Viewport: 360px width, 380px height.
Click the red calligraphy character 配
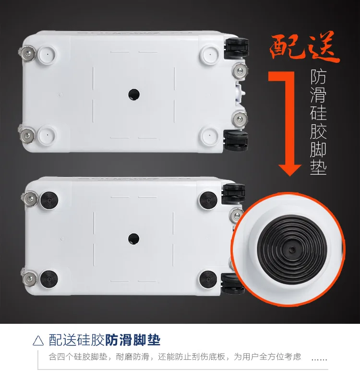[286, 47]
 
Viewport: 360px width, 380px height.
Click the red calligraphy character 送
[321, 47]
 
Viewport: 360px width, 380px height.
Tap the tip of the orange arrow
[290, 176]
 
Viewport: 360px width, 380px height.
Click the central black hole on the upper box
[134, 94]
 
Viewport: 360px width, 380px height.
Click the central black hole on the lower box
[133, 239]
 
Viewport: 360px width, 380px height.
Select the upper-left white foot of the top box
[47, 55]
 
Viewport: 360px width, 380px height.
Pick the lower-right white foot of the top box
[210, 135]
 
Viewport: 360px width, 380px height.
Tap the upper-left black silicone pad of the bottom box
[49, 201]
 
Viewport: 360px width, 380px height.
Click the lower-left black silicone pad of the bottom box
[49, 279]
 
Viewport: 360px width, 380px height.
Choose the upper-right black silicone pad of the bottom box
[208, 201]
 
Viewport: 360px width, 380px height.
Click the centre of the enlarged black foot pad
[292, 249]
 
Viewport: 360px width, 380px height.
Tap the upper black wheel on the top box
[236, 48]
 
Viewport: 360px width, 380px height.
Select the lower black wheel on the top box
[236, 140]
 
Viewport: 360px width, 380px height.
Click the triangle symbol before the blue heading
[38, 341]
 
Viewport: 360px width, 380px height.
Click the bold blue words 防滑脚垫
[132, 340]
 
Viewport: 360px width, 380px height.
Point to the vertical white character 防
[318, 77]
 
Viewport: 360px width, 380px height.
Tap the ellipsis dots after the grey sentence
[319, 359]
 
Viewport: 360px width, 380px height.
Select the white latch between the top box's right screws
[240, 93]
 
